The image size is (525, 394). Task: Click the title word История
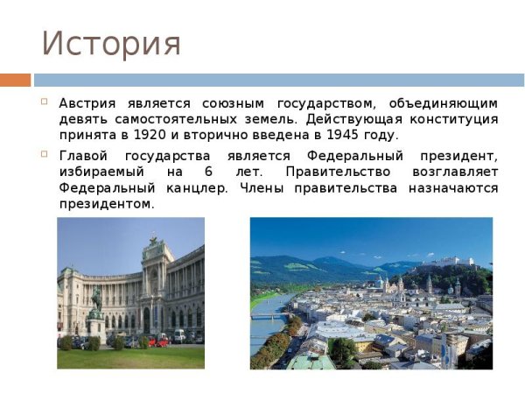[x=111, y=43]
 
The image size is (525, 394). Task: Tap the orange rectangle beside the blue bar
[x=15, y=80]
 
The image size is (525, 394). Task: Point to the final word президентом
[x=107, y=204]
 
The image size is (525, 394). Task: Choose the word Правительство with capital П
[x=331, y=172]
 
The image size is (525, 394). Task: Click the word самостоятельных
[x=192, y=119]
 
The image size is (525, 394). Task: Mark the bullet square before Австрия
[x=44, y=102]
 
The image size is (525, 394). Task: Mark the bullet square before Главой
[x=44, y=155]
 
